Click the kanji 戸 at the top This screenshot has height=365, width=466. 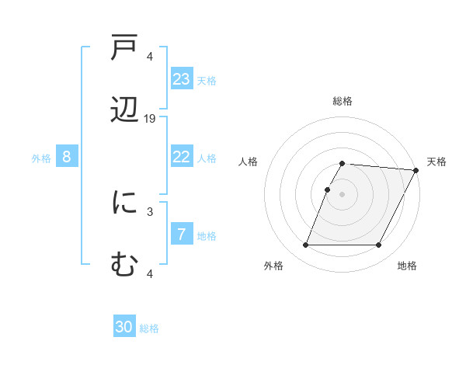[124, 50]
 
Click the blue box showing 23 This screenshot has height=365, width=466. [182, 79]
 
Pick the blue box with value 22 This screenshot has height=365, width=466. [182, 157]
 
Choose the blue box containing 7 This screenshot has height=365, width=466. [182, 235]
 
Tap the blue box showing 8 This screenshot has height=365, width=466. [67, 157]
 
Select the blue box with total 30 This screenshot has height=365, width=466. [124, 327]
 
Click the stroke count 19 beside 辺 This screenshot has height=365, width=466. [150, 119]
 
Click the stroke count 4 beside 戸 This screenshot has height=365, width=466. [150, 56]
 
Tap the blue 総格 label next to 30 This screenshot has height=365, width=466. [149, 328]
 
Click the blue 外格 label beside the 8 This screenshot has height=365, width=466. [41, 158]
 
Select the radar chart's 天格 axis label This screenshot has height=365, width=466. [436, 162]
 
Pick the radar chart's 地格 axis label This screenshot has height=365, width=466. [407, 266]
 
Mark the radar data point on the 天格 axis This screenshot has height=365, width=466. [416, 170]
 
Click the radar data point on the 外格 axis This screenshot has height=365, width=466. [305, 245]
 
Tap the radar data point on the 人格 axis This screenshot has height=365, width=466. [328, 189]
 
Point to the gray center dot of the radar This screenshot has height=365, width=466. [343, 194]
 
